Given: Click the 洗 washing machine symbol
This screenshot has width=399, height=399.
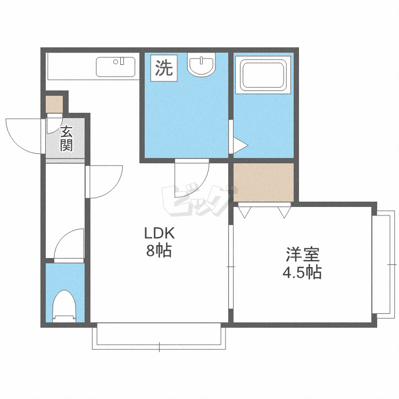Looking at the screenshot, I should [164, 68].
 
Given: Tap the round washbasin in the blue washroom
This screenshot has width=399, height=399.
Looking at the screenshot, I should [202, 65].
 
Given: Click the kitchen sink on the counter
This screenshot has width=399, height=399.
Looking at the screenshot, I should [117, 67].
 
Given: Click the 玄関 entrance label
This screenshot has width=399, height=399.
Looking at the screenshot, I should [66, 138].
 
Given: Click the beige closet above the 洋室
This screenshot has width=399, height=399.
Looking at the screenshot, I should [263, 182].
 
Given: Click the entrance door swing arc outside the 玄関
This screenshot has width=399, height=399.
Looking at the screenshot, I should [24, 136].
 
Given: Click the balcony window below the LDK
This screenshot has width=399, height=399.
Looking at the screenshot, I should [159, 336].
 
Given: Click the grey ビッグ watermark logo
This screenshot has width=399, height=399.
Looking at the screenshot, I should [197, 201].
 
